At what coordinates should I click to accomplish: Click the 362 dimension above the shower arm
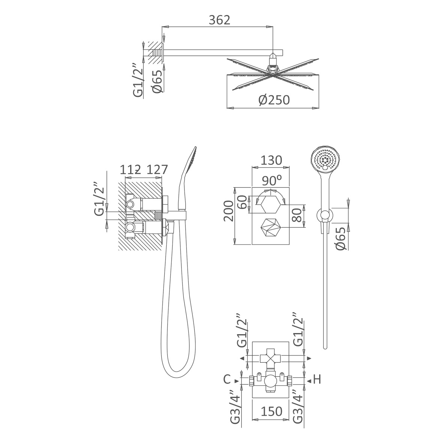coord(219,20)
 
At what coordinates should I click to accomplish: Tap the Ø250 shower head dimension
coord(274,100)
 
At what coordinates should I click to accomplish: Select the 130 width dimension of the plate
coord(271,160)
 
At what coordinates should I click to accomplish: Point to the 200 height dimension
coord(228,211)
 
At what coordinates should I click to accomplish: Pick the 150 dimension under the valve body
coord(271,411)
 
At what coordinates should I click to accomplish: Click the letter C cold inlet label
coord(227,379)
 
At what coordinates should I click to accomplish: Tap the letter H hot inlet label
coord(317,379)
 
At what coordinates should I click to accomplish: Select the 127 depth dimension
coord(157,170)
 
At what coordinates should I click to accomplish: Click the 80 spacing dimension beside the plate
coord(297,215)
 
